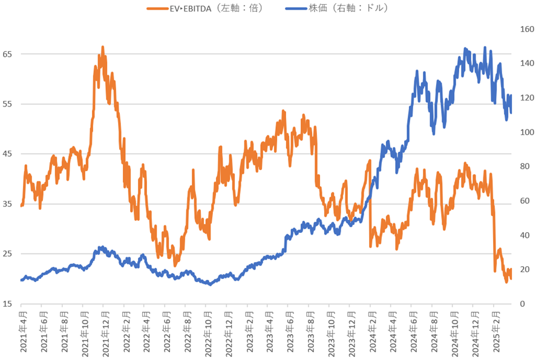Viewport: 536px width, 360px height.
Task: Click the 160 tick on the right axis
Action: pyautogui.click(x=524, y=29)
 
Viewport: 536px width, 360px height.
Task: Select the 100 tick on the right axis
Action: pyautogui.click(x=524, y=132)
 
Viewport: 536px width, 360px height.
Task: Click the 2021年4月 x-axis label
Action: pyautogui.click(x=22, y=333)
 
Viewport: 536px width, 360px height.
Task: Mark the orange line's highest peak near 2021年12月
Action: pyautogui.click(x=103, y=47)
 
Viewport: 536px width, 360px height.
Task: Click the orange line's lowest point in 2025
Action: pyautogui.click(x=506, y=281)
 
